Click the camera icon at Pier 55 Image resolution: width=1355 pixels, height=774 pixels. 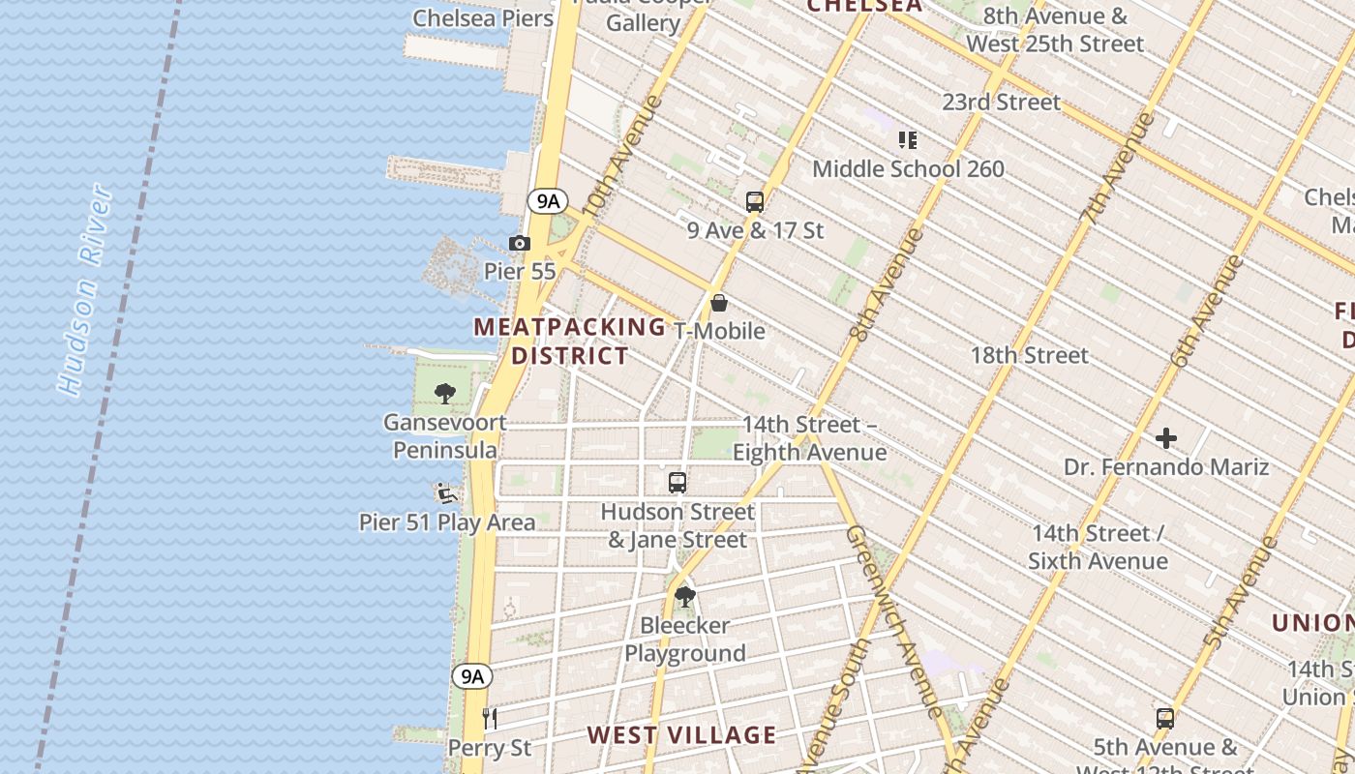520,244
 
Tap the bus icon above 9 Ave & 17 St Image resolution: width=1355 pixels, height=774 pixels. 755,202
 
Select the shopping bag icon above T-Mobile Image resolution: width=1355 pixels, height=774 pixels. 719,303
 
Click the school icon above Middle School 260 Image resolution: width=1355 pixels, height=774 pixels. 907,140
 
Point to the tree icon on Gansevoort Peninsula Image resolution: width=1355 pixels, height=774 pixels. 445,393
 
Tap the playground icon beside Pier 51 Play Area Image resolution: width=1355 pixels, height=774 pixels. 446,494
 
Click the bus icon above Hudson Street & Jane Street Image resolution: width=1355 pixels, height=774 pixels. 677,483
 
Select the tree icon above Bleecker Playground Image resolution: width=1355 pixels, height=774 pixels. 684,596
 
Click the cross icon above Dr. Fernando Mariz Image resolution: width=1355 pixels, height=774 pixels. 1166,439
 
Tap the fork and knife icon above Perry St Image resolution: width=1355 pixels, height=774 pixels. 490,719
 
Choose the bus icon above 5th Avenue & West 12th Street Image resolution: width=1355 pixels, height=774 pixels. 1165,719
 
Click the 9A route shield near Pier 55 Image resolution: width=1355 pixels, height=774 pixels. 548,201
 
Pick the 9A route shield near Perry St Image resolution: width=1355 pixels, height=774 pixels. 471,676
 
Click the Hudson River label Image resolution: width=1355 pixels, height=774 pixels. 85,290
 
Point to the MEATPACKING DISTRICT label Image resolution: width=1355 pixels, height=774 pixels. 570,342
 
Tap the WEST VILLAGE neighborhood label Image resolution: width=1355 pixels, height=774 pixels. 681,735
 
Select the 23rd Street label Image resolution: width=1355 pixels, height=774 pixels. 1001,102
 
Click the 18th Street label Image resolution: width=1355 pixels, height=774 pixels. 1029,355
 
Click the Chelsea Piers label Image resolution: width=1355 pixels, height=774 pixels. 483,18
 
